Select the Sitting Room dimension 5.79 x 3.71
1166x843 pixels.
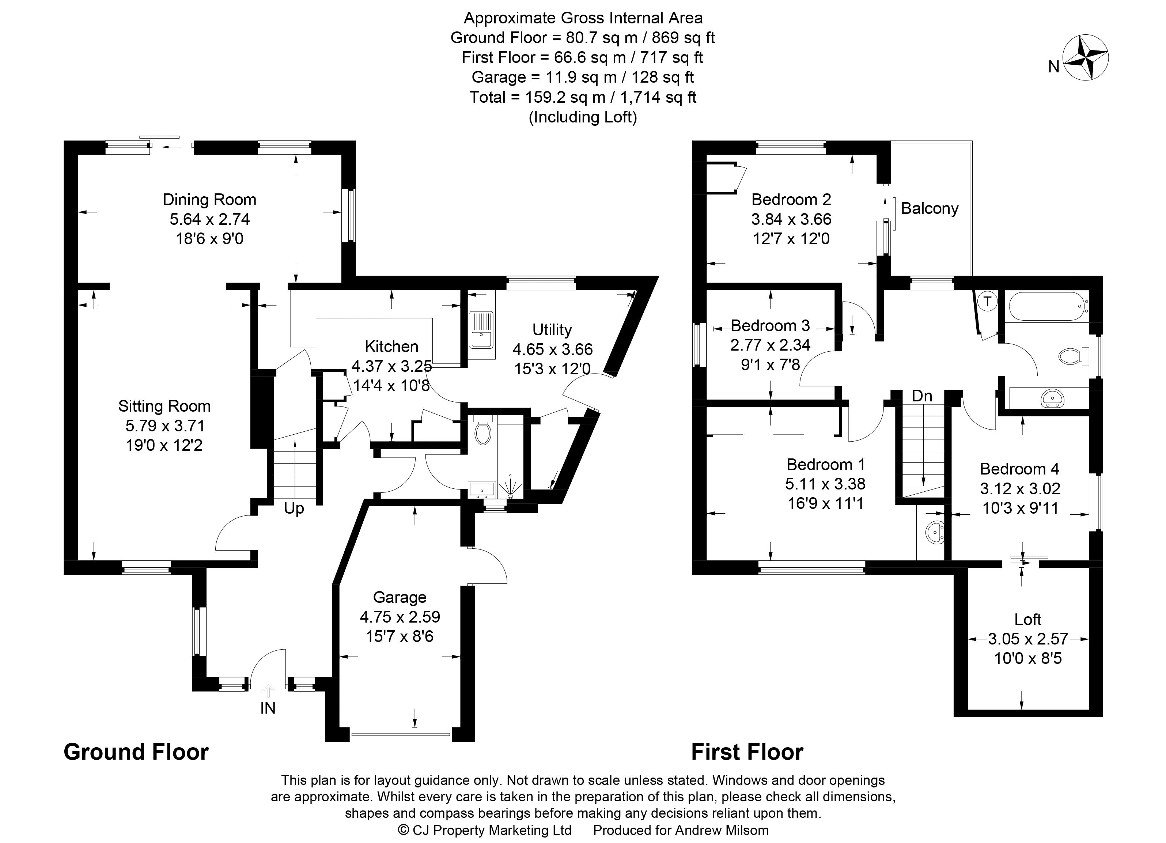coord(164,426)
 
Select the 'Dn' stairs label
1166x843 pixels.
coord(922,396)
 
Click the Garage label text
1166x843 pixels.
coord(400,597)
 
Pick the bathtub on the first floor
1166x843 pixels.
coord(1047,307)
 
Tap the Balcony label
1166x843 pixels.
coord(930,209)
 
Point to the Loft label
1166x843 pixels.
coord(1028,619)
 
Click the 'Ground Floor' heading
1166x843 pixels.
coord(136,752)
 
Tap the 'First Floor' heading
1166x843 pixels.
coord(747,752)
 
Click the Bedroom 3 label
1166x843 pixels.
coord(770,325)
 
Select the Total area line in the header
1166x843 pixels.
coord(583,97)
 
